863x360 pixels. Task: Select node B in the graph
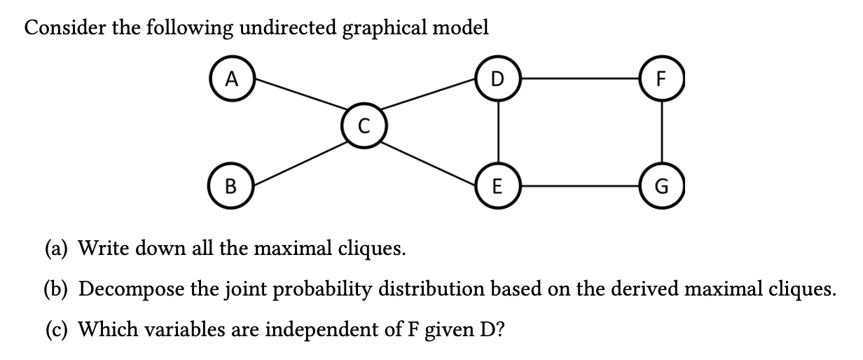[x=233, y=188]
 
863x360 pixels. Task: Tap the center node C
[x=361, y=127]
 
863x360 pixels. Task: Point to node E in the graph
[x=497, y=188]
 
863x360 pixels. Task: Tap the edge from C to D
[x=429, y=103]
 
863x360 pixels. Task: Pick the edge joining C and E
[x=429, y=158]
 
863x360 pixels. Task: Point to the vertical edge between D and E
[x=497, y=133]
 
